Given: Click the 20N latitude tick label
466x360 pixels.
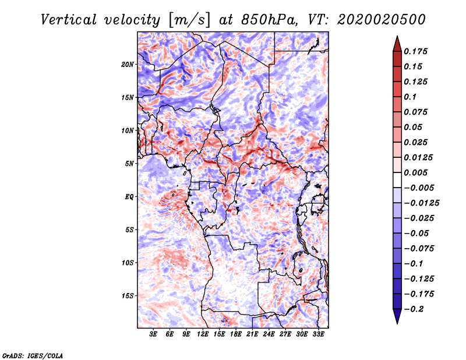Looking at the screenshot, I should point(128,64).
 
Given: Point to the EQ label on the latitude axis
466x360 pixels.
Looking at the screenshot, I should point(129,196).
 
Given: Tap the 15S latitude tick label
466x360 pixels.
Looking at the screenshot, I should point(128,295).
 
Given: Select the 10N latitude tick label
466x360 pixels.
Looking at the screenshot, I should point(128,130).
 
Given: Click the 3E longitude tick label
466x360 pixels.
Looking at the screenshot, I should point(154,334).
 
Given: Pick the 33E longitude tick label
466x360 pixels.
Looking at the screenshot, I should point(319,334).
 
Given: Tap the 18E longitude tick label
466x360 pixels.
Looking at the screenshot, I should point(236,334).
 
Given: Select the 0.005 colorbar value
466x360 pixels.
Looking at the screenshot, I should point(416,173).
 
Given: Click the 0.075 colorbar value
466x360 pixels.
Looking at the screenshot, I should point(416,112).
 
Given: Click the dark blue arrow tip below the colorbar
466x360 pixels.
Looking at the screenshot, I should point(396,320).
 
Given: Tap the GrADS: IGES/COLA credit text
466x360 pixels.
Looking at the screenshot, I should point(31,355).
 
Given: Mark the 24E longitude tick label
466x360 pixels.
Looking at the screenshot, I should point(269,334).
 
